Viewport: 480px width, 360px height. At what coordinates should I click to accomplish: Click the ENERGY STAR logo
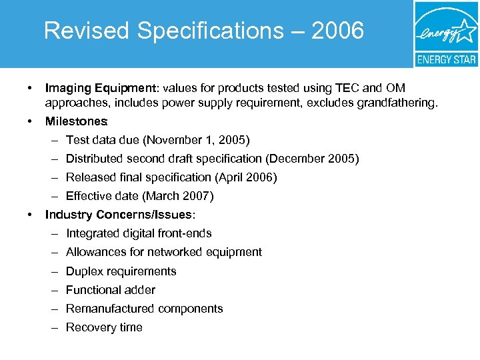tap(445, 33)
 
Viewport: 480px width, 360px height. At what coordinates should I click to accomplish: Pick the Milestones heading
tap(75, 121)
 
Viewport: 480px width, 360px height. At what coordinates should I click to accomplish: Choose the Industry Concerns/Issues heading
tap(119, 215)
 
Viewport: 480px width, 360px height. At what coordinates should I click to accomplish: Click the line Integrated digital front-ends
tap(139, 233)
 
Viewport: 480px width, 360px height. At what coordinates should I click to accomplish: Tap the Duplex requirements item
tap(121, 271)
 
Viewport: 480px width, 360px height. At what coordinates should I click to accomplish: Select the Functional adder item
tap(110, 290)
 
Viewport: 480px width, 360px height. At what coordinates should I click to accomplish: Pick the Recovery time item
tap(104, 327)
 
